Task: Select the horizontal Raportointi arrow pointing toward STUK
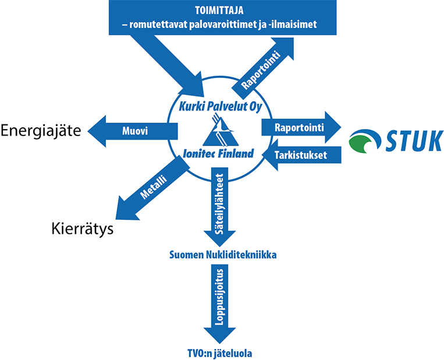(300, 127)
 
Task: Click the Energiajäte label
(41, 130)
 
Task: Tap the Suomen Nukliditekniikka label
(222, 255)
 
